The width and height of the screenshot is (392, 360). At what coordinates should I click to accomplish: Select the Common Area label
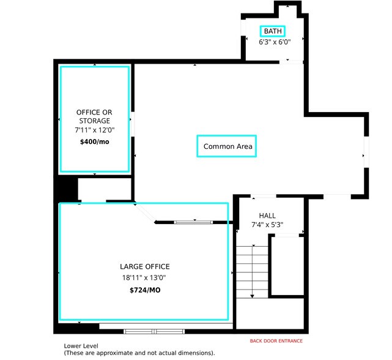coord(228,146)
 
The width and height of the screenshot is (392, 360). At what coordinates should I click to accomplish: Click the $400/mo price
coord(94,141)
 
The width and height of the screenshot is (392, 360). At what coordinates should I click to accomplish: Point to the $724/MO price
coord(144,289)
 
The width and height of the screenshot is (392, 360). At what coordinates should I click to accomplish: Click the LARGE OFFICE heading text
coord(144,266)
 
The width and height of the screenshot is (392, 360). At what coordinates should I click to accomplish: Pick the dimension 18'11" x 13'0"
coord(144,277)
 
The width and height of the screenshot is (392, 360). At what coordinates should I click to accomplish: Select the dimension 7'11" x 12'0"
coord(94,130)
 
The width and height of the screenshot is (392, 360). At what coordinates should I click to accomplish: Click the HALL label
coord(267,216)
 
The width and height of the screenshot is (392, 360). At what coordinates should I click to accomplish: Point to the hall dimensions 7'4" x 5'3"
coord(267,225)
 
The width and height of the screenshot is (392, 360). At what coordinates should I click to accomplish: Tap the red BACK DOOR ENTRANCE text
coord(276,341)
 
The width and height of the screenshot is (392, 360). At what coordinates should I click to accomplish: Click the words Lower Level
coord(81,346)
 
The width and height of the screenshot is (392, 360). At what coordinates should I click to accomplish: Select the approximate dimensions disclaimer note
coord(139,353)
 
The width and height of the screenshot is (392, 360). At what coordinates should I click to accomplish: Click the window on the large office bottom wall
coord(155,331)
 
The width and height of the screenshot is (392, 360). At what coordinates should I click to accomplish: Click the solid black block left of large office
coord(66,189)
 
